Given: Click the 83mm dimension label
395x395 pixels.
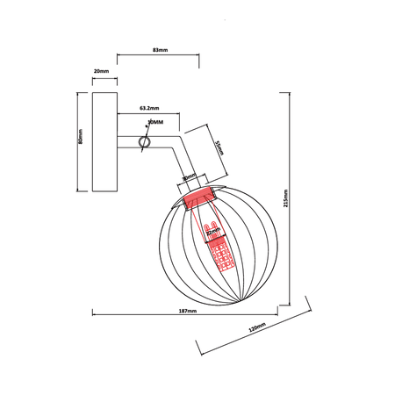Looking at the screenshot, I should [159, 50].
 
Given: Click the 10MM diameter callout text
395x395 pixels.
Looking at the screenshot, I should [155, 122].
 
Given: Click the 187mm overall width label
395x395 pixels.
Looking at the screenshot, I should [187, 310].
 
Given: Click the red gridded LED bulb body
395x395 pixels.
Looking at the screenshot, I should [219, 256].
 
